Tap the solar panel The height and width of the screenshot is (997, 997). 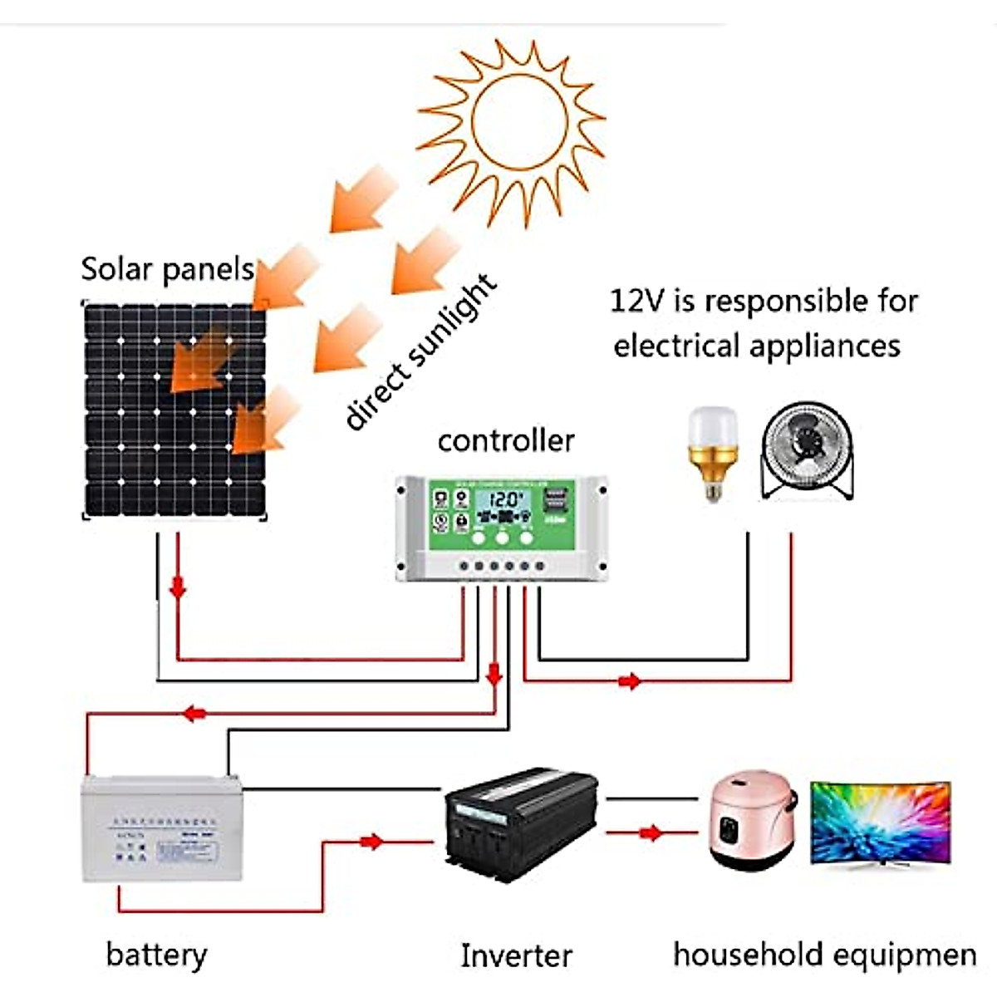[174, 411]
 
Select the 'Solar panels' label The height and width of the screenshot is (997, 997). [167, 269]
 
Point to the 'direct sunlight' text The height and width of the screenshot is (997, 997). [420, 353]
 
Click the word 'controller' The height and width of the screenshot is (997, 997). [506, 440]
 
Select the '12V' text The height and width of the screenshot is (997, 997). [638, 301]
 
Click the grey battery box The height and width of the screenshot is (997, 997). [162, 828]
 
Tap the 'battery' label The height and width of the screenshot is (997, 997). [156, 955]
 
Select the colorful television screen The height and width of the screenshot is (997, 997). [880, 823]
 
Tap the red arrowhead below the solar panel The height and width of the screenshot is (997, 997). [177, 588]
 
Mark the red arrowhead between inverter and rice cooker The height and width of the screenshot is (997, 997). [652, 832]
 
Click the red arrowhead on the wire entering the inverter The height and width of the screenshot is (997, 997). [372, 842]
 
